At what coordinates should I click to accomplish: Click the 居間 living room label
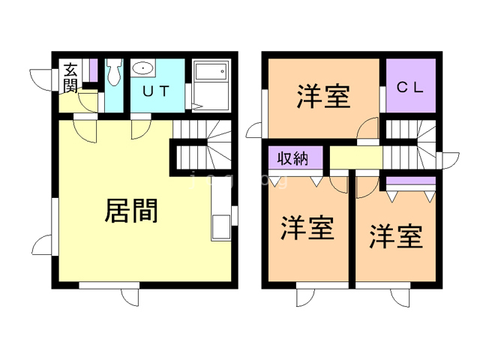point(131,211)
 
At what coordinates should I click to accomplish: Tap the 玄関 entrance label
point(71,77)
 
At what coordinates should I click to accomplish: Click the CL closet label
point(410,86)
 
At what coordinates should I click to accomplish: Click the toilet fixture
point(114,73)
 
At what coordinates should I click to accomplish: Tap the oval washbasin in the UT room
point(143,69)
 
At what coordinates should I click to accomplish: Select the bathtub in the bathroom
point(211,78)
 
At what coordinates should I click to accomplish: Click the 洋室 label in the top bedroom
point(323,97)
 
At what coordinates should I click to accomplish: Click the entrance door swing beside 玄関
point(41,77)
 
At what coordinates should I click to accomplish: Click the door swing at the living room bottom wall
point(129,295)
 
